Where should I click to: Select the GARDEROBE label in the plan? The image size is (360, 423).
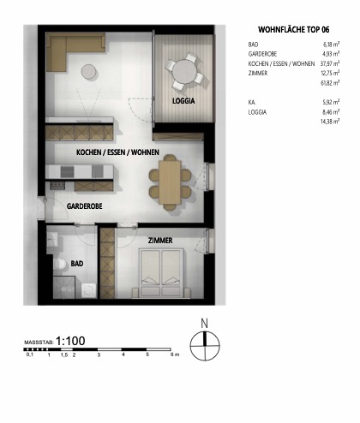pyautogui.click(x=86, y=206)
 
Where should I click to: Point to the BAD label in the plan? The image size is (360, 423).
pyautogui.click(x=76, y=264)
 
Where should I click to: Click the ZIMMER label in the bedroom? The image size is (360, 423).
pyautogui.click(x=160, y=241)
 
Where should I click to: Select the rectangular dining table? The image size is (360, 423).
pyautogui.click(x=170, y=180)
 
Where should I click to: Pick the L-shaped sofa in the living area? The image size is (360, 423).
pyautogui.click(x=69, y=51)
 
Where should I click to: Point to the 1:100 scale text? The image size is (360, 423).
pyautogui.click(x=70, y=341)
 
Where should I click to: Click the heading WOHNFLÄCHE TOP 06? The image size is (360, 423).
pyautogui.click(x=293, y=28)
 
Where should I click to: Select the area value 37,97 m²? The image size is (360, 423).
pyautogui.click(x=330, y=63)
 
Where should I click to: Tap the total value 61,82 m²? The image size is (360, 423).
pyautogui.click(x=330, y=82)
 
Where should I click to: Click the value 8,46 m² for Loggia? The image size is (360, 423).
pyautogui.click(x=332, y=111)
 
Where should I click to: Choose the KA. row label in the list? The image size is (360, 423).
pyautogui.click(x=252, y=102)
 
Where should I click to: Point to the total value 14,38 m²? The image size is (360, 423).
pyautogui.click(x=330, y=121)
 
